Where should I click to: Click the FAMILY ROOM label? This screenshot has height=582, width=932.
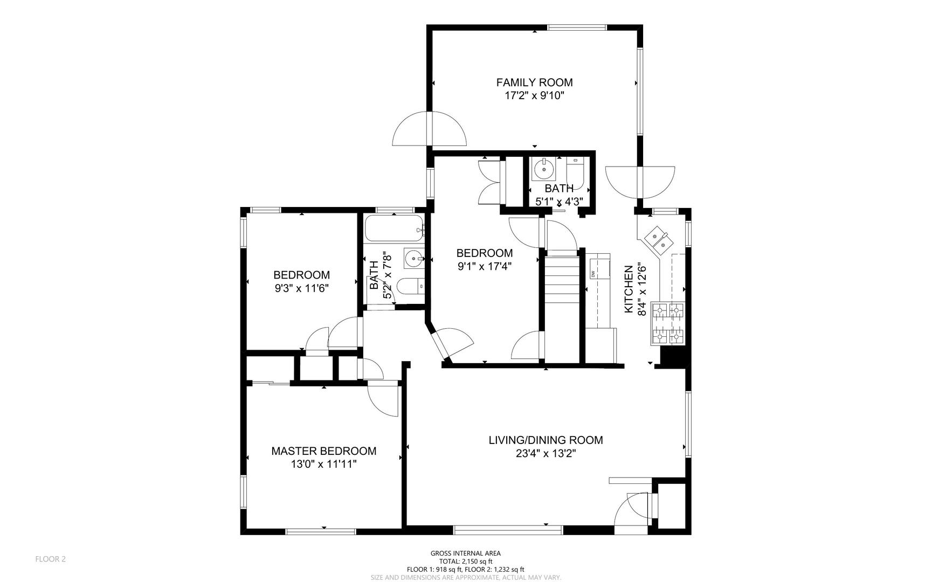pos(534,82)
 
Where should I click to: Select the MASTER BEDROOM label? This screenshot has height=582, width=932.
pos(323,451)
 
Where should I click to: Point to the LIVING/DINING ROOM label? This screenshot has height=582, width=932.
pos(546,440)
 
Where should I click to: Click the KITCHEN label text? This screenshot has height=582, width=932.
pos(629,289)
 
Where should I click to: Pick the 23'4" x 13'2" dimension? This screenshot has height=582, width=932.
pos(546,454)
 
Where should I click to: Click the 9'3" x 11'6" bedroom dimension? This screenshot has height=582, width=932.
pos(301,288)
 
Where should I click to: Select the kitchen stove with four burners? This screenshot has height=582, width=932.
pos(668,324)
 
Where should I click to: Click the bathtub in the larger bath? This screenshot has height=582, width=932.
pos(393,228)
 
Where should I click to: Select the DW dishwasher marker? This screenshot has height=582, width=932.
pos(593,274)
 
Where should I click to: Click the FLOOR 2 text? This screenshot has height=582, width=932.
pos(51,559)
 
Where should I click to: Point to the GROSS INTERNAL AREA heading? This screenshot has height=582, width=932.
pos(466,553)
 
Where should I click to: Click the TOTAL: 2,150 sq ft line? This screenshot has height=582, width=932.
pos(466,561)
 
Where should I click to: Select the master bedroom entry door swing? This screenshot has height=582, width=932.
pos(382,398)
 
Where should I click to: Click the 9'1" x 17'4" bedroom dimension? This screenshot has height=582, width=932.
pos(485,266)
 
